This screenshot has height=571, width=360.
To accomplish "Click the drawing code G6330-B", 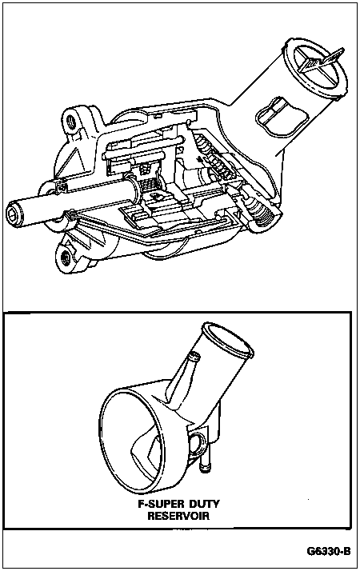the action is coord(330,551).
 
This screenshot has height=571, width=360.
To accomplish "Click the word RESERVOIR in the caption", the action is coord(178,516).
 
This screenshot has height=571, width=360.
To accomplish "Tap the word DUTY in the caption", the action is coord(205,504).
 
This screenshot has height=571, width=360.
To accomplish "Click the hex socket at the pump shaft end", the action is coord(14,213).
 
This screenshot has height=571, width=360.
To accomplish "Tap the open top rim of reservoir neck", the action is coord(228,338).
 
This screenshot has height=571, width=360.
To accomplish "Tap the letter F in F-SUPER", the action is coord(141,504).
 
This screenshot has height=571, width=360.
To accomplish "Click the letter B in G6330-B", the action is coord(348,551).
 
